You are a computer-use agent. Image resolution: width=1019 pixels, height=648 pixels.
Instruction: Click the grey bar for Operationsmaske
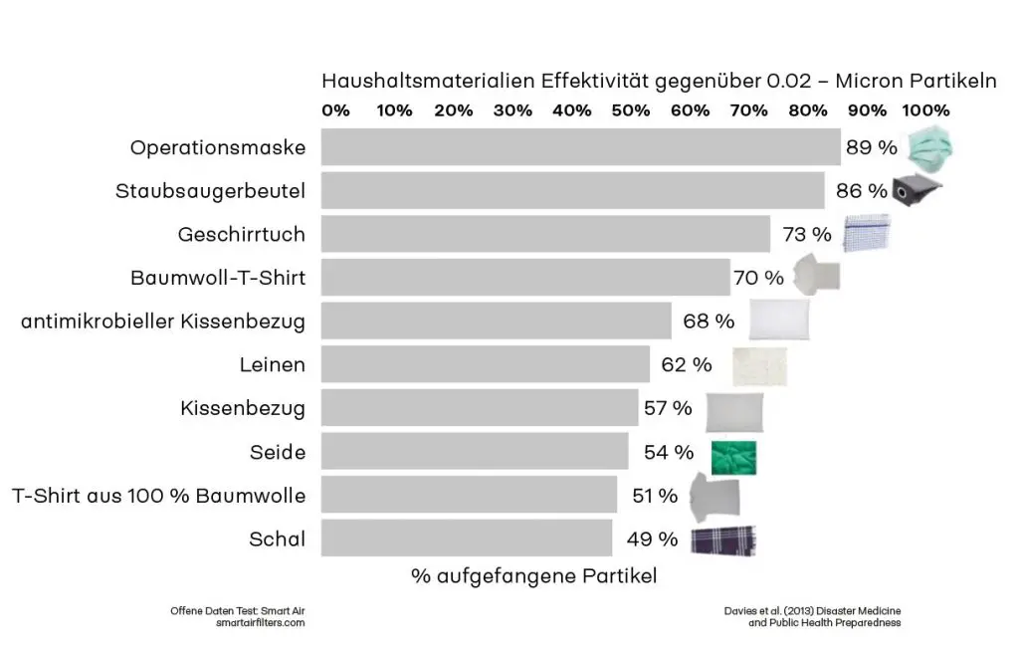[x=580, y=147]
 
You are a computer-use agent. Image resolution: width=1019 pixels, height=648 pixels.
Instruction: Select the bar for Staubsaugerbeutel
[x=572, y=190]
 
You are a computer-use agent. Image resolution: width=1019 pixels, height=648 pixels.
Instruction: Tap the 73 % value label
[x=807, y=235]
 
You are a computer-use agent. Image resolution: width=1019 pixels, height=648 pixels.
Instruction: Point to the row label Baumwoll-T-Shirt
[x=218, y=278]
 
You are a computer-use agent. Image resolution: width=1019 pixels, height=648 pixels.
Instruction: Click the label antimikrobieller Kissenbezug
[x=163, y=322]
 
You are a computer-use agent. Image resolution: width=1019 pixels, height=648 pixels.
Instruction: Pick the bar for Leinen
[x=485, y=364]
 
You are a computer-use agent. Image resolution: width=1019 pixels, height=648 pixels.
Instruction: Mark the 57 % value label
[x=668, y=408]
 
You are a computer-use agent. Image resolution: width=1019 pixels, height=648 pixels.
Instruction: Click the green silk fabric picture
[x=733, y=457]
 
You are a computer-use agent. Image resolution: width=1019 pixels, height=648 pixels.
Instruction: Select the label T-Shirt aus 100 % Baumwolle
[x=158, y=495]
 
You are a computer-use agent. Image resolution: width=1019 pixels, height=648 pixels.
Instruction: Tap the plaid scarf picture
[x=723, y=540]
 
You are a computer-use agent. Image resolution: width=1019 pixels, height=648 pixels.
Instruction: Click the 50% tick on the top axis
[x=630, y=110]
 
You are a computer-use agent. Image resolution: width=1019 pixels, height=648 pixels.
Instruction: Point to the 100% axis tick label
[x=924, y=110]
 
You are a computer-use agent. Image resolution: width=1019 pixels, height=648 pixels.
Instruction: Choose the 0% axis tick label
[x=336, y=110]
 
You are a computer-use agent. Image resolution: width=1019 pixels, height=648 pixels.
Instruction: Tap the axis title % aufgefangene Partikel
[x=533, y=575]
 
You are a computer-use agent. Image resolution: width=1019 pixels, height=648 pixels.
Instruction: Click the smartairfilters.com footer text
[x=260, y=622]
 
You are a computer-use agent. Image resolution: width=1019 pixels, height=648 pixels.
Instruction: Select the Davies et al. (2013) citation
[x=814, y=609]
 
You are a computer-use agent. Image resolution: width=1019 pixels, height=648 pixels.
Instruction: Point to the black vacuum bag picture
[x=915, y=190]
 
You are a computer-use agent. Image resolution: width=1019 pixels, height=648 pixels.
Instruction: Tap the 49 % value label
[x=652, y=540]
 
